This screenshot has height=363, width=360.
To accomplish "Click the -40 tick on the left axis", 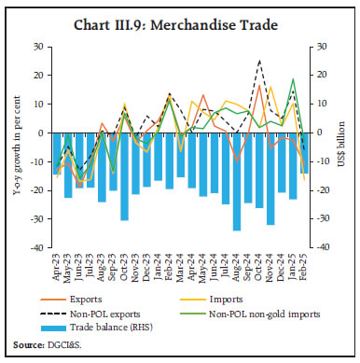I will [x=36, y=249].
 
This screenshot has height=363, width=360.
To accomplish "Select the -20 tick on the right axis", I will [x=325, y=190].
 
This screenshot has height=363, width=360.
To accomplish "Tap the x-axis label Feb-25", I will [x=305, y=271].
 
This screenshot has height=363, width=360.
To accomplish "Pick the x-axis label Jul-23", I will [x=91, y=271].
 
